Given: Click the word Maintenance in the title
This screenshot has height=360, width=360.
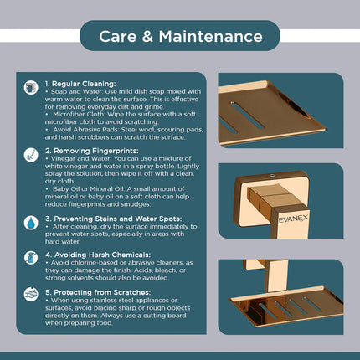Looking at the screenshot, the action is (x=211, y=37).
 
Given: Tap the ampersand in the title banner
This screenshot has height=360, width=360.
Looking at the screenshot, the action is (x=147, y=37).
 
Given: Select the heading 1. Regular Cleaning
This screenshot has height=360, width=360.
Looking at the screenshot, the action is (x=80, y=84).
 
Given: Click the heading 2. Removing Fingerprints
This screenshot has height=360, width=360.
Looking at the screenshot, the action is (x=92, y=151).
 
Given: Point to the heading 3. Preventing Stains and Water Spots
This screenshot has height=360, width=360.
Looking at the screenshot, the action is (x=114, y=219).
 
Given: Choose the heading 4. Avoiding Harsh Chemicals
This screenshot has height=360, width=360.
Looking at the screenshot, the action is (x=98, y=255).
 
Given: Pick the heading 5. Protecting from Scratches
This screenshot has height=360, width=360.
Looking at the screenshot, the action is (x=98, y=292).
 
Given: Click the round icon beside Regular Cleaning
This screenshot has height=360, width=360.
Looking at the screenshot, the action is (x=31, y=88).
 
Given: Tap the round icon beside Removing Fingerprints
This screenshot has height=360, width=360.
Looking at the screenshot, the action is (x=31, y=155).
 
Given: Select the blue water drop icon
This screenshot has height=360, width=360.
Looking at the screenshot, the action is (x=31, y=223).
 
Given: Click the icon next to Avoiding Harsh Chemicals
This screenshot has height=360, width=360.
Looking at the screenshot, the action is (x=31, y=258).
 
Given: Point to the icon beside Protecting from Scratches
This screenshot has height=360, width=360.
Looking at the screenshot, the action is (x=31, y=295).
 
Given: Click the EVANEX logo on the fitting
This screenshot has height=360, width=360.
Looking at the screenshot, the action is (x=293, y=219).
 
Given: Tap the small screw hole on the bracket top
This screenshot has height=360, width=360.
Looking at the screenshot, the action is (x=271, y=176).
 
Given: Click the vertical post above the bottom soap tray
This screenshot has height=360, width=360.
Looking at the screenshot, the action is (x=275, y=275).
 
